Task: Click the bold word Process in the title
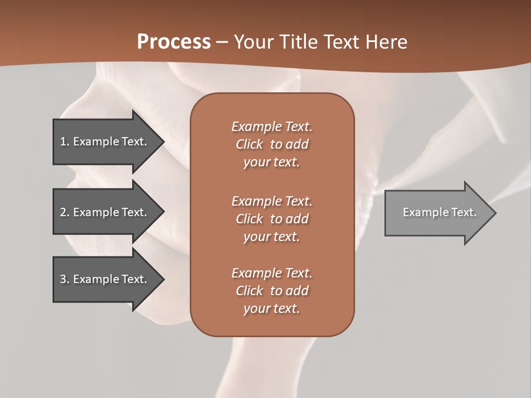tap(174, 42)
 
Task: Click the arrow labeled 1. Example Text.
tap(105, 142)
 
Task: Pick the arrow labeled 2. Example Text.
tap(105, 212)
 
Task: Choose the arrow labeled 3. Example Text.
tap(105, 279)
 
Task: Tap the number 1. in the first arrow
tap(65, 142)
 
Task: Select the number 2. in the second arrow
tap(65, 212)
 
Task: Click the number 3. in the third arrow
tap(65, 279)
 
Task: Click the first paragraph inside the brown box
tap(272, 144)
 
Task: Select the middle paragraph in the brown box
tap(272, 219)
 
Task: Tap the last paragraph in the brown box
tap(272, 291)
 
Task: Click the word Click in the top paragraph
tap(249, 144)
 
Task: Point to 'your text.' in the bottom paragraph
tap(272, 308)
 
